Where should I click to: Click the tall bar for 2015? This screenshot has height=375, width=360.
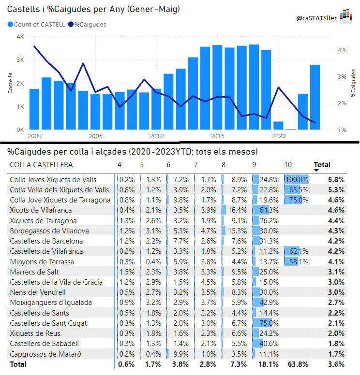(x=217, y=87)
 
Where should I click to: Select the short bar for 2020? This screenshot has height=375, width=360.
(x=278, y=126)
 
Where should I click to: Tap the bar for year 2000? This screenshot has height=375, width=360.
(x=34, y=109)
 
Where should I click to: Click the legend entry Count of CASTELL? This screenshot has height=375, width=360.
(x=36, y=24)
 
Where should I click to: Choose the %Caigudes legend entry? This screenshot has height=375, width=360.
(x=87, y=24)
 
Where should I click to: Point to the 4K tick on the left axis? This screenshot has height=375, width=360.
(x=20, y=37)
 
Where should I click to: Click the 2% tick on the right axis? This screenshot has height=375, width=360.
(x=342, y=103)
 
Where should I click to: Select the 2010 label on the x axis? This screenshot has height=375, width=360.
(x=156, y=136)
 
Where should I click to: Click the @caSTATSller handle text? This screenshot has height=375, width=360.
(x=316, y=18)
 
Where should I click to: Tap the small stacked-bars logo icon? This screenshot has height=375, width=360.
(x=346, y=16)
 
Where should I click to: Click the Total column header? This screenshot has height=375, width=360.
(x=322, y=165)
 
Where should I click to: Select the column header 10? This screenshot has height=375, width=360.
(x=288, y=165)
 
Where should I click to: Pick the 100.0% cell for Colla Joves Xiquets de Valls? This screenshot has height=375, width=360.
(x=297, y=180)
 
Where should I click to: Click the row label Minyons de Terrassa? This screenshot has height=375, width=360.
(x=42, y=262)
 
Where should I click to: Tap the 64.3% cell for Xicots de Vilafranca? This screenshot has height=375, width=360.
(x=269, y=210)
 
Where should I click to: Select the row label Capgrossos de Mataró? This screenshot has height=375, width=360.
(x=45, y=354)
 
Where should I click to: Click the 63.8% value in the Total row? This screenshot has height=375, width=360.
(x=298, y=364)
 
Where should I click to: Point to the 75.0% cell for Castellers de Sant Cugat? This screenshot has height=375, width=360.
(x=269, y=323)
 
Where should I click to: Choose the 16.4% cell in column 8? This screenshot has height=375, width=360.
(x=238, y=210)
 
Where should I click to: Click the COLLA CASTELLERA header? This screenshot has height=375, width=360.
(x=41, y=165)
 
